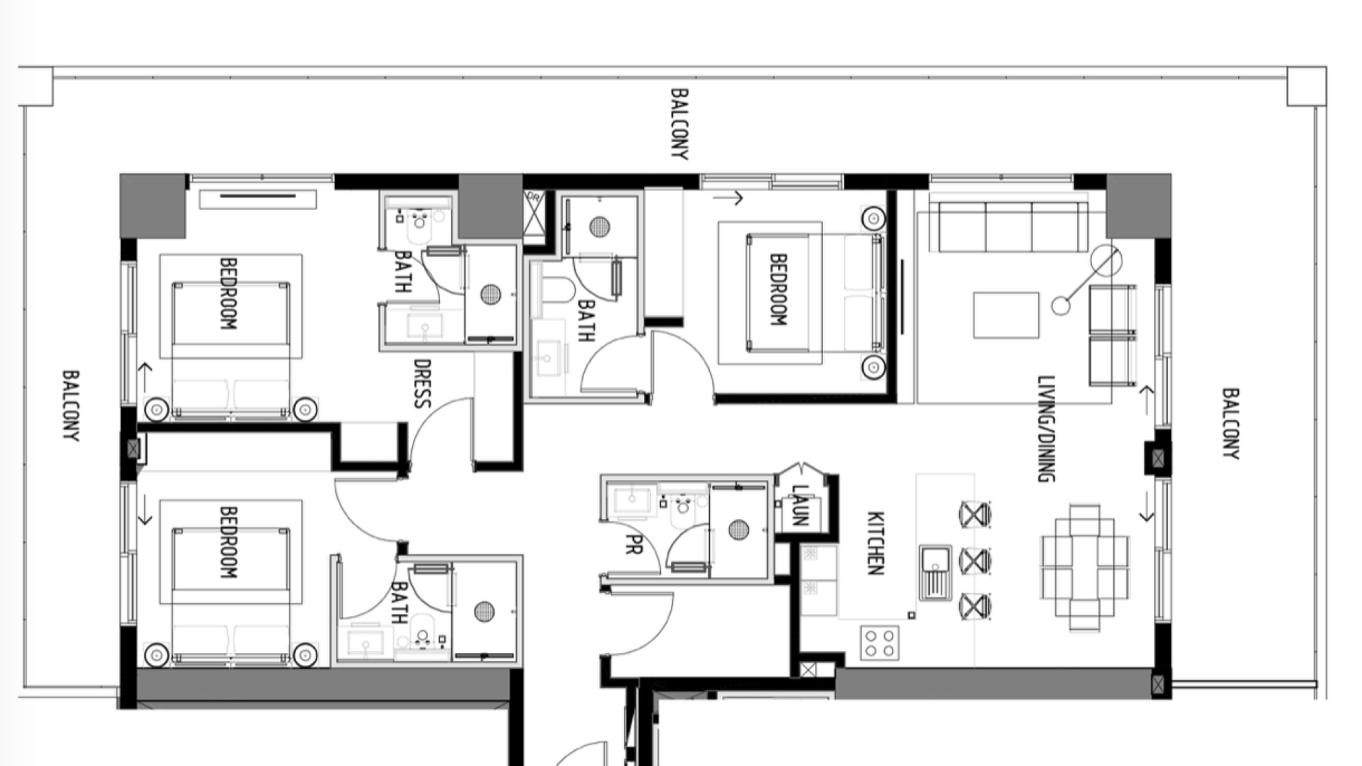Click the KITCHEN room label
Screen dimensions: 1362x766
click(875, 543)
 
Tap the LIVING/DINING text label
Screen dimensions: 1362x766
click(1046, 429)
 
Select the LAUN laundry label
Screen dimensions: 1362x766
click(799, 505)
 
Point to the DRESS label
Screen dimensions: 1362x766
click(422, 384)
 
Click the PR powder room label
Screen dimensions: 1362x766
click(633, 544)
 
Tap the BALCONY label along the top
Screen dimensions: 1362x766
click(680, 124)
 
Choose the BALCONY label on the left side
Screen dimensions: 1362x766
click(71, 406)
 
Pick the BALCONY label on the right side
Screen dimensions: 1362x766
click(1231, 423)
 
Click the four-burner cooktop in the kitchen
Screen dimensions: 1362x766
click(880, 643)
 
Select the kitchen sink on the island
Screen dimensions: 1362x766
click(936, 573)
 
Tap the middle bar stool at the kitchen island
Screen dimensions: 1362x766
click(975, 561)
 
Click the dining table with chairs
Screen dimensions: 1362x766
click(1085, 567)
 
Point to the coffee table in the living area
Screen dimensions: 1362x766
click(1006, 315)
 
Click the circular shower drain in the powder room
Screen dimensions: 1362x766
click(738, 529)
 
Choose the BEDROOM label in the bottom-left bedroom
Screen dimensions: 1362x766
click(228, 542)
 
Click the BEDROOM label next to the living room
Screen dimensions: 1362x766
click(778, 290)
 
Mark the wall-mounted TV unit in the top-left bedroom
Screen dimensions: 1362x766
click(258, 199)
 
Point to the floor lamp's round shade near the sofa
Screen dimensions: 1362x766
click(1107, 261)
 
